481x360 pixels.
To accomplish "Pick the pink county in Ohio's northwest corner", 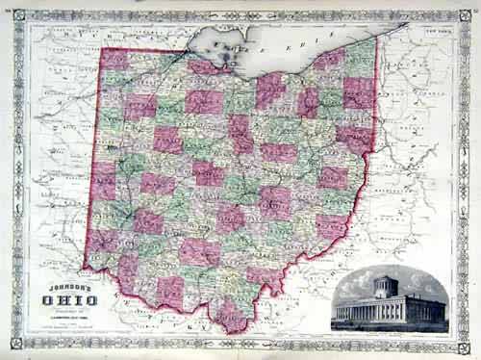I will click(115, 60).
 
